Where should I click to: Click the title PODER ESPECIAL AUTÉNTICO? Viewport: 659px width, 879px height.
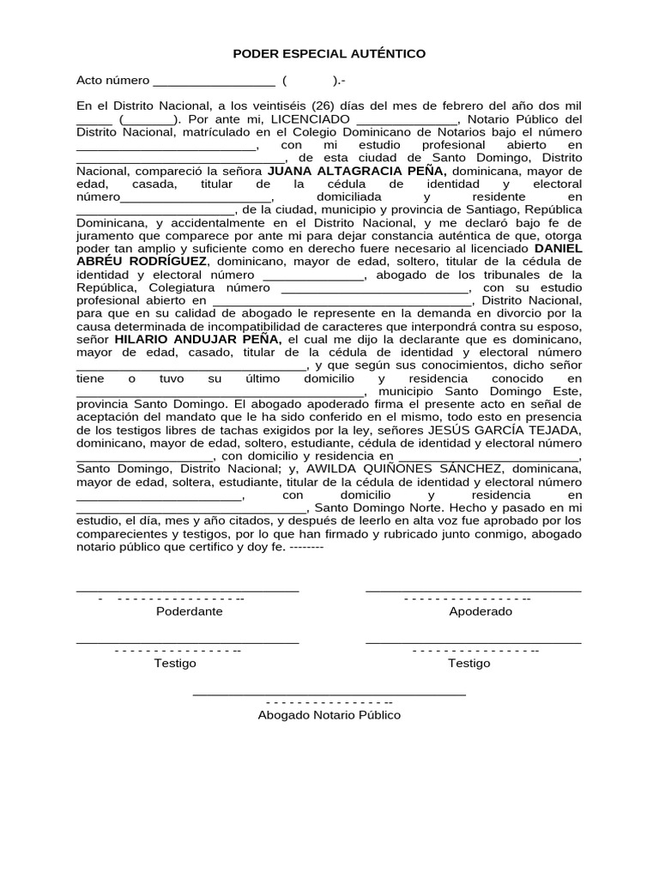329,54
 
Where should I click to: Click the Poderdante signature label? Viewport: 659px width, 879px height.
189,611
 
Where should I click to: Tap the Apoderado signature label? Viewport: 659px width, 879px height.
481,611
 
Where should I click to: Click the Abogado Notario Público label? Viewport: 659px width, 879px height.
329,714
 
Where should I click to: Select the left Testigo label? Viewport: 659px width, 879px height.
175,663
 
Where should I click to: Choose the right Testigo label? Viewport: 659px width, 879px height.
469,663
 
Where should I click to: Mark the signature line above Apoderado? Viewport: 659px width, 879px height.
473,591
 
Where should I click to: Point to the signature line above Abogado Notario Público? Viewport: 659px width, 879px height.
329,693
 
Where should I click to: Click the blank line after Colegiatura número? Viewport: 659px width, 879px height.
373,289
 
